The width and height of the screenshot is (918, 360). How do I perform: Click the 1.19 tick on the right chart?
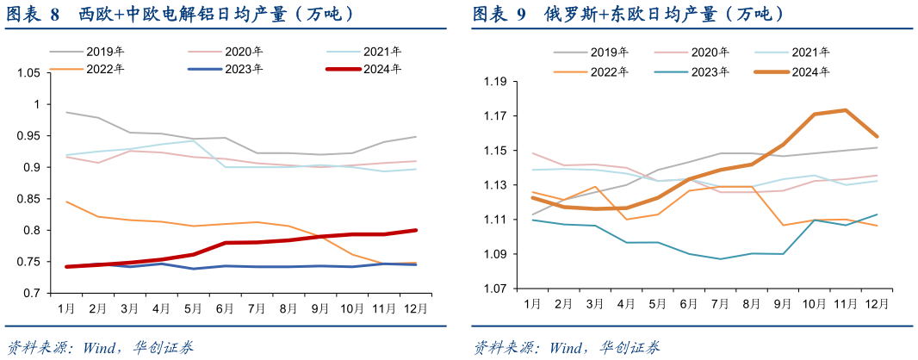(496, 82)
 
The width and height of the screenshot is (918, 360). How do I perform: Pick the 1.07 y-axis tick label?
(496, 289)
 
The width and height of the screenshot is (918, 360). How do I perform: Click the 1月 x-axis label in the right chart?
(531, 304)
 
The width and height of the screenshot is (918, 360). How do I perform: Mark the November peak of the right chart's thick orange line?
(846, 110)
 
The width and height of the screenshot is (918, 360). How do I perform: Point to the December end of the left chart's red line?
(417, 230)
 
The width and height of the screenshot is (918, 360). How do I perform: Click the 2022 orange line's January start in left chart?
(67, 202)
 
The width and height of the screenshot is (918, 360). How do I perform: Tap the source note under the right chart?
(568, 347)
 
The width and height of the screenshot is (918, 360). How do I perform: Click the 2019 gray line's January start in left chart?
(67, 112)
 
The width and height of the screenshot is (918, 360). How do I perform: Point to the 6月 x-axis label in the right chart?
(689, 304)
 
